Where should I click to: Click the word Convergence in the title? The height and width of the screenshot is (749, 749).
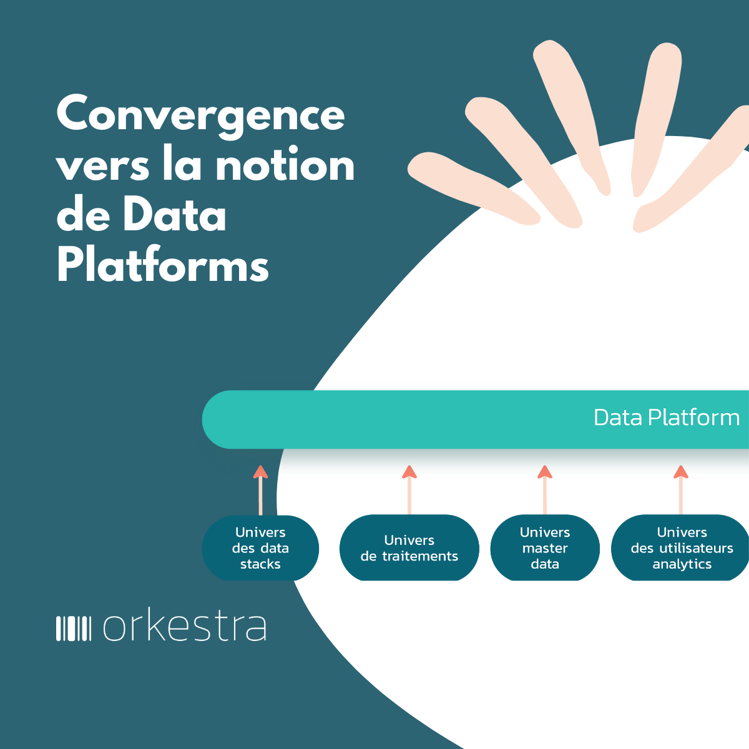(200, 115)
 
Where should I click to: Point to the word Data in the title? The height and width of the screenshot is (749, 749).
(174, 216)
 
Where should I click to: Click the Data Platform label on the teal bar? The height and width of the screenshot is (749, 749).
(666, 418)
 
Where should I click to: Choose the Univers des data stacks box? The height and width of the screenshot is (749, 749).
(260, 548)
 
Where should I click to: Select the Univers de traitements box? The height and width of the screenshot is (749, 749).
(409, 548)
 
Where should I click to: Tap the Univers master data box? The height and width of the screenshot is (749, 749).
(545, 548)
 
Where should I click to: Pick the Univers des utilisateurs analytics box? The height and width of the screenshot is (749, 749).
(681, 548)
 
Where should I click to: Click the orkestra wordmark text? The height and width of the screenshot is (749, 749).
(185, 627)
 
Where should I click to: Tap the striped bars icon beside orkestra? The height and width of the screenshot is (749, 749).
(74, 628)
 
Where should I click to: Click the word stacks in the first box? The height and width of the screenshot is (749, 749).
(260, 564)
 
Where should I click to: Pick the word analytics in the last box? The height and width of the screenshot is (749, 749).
(682, 564)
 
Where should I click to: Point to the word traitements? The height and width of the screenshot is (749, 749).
(420, 556)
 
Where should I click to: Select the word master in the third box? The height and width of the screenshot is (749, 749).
(545, 548)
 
